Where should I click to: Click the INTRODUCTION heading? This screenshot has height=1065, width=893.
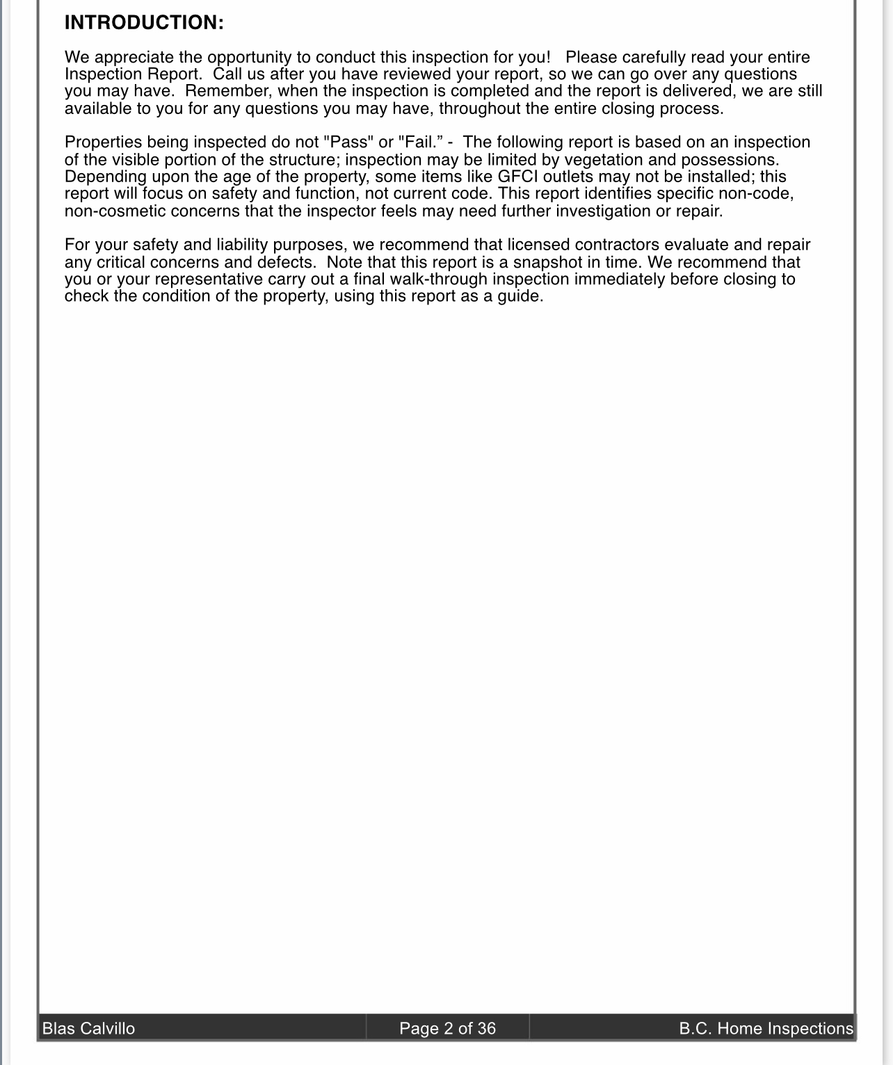click(x=144, y=23)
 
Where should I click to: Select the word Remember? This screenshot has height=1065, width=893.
click(x=228, y=91)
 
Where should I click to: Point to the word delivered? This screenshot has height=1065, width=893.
click(x=704, y=91)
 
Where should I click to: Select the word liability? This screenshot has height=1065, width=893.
click(x=242, y=245)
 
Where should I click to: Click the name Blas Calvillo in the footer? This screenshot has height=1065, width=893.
click(x=89, y=1028)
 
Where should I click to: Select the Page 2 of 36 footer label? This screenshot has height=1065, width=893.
click(x=447, y=1028)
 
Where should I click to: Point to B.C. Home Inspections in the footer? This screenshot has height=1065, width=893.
click(x=766, y=1028)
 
